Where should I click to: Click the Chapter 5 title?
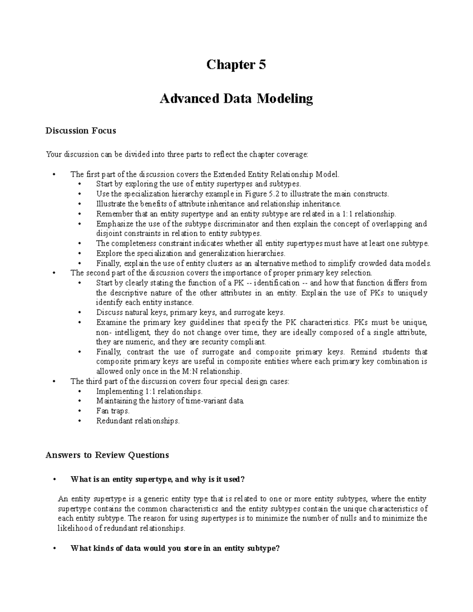coord(236,65)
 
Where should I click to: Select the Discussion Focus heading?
coord(81,131)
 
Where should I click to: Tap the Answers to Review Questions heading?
coord(107,455)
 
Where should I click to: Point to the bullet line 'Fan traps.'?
coord(113,411)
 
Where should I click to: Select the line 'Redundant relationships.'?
coord(138,421)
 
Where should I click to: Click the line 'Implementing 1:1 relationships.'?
coord(149,391)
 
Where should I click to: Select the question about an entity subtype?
coord(175,549)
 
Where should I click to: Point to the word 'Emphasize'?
coord(111,224)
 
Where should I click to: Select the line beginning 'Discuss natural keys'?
coord(190,313)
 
